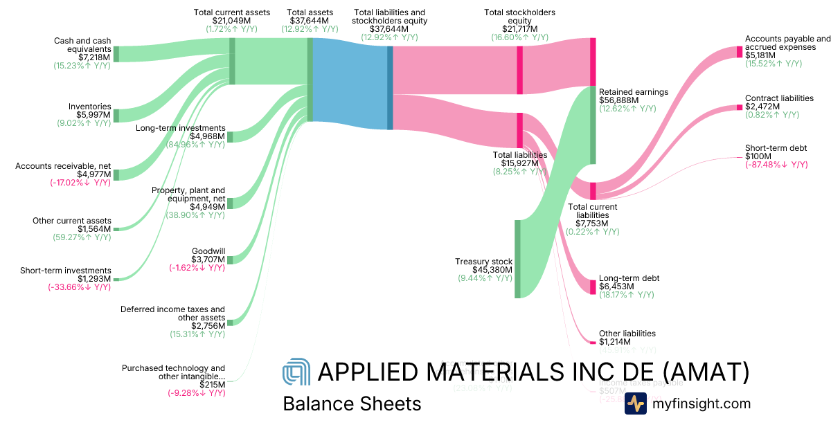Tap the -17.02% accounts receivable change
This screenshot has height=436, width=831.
[x=80, y=183]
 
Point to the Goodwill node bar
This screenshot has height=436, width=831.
[x=231, y=260]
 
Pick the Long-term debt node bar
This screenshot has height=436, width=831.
[x=593, y=287]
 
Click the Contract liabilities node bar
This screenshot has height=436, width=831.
[x=740, y=107]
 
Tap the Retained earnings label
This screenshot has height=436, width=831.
[x=633, y=92]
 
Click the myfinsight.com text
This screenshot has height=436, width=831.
[x=702, y=403]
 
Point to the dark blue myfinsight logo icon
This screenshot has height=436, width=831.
[x=635, y=403]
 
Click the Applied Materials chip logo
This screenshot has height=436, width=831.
[x=296, y=374]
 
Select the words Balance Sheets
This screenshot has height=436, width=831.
[x=352, y=403]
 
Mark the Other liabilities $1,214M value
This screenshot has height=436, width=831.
[x=615, y=342]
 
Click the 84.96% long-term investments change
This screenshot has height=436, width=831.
[x=196, y=145]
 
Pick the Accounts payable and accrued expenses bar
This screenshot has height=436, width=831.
[x=740, y=52]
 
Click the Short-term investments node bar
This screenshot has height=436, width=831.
[x=116, y=279]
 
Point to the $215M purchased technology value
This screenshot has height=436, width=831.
[x=212, y=385]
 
